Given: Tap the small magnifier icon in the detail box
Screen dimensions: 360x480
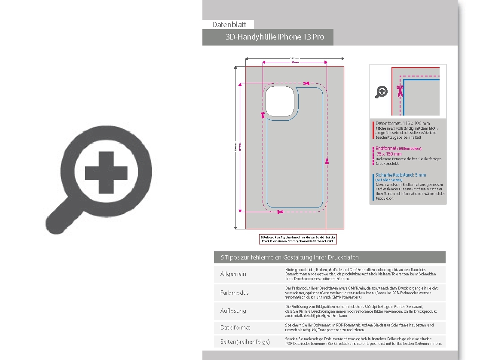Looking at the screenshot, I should (381, 92).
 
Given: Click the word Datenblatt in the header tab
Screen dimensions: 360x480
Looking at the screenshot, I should (229, 24).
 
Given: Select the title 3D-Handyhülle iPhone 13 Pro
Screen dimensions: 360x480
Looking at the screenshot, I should (275, 37).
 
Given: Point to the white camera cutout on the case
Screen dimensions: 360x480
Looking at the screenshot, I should (280, 101).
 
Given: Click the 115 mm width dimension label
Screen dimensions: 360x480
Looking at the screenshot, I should (295, 58).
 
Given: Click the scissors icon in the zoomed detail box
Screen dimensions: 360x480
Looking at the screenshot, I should (400, 90).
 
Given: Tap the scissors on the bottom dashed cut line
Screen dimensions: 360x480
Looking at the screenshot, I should (280, 212).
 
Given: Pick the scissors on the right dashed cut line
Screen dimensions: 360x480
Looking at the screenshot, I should (327, 162).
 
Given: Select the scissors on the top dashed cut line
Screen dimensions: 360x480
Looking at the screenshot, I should (306, 83).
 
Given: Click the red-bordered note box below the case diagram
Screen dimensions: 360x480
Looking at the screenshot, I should (298, 239).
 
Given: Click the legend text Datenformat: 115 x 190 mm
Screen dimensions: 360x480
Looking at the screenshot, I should (402, 123).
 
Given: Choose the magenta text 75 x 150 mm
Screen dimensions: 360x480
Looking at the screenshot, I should (389, 154).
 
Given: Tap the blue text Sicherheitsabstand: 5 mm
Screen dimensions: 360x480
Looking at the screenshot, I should (401, 175).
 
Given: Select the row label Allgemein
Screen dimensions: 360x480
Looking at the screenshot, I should (233, 274).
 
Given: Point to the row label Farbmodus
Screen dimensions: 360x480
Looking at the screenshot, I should (234, 293).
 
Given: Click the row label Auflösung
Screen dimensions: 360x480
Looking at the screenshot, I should (233, 311).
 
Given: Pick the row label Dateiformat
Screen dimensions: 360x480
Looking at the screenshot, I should (235, 327).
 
